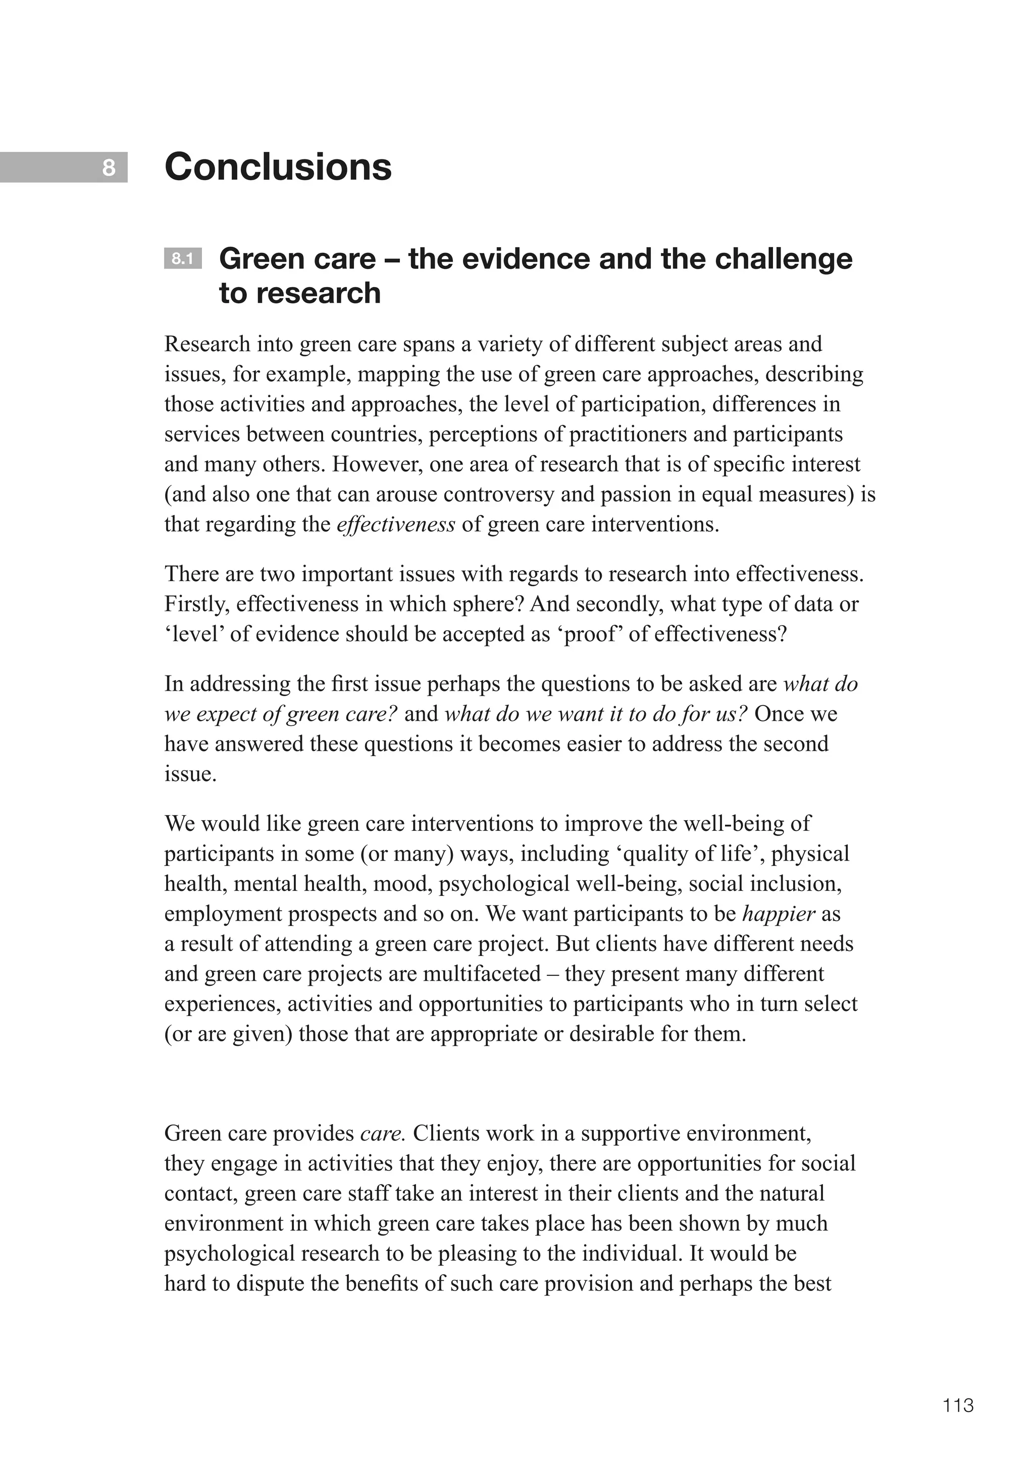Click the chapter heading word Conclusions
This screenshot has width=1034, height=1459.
click(x=278, y=167)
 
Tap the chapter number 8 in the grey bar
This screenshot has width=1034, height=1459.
click(x=109, y=168)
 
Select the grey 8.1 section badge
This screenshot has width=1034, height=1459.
click(x=183, y=259)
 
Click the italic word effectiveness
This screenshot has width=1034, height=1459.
click(x=395, y=525)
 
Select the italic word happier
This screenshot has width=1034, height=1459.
click(x=779, y=914)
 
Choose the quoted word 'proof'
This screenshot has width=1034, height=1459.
click(x=590, y=634)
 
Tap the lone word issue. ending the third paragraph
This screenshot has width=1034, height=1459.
click(x=190, y=774)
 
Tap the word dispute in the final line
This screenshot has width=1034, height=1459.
click(x=270, y=1283)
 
